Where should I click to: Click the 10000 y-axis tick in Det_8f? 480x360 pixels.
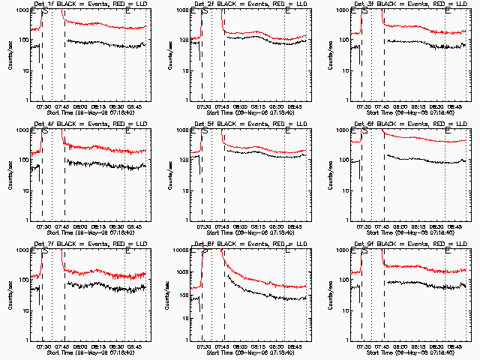tap(186, 250)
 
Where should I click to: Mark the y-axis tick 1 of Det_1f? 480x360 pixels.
tap(27, 100)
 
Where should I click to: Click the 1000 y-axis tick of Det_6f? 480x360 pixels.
tap(347, 130)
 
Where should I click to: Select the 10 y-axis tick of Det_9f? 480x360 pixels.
tap(349, 310)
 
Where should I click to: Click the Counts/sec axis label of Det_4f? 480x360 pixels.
tap(10, 174)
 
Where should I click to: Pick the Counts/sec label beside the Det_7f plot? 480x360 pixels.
tap(10, 294)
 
